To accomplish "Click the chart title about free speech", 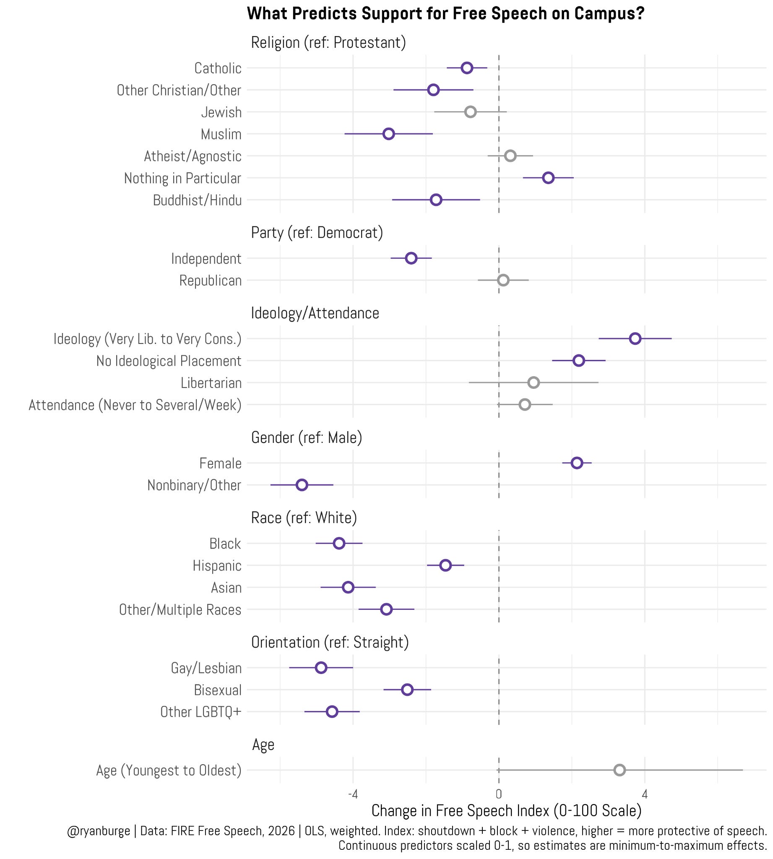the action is coord(445,13).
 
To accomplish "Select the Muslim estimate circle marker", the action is coord(389,134).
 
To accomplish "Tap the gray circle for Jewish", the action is coord(470,112).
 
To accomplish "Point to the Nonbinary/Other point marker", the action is coord(302,485).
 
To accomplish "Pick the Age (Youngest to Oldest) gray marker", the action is coord(619,770).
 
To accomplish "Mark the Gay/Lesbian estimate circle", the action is coord(321,667).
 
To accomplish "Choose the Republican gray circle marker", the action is coord(503,280).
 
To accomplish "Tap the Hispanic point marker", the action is coord(445,565).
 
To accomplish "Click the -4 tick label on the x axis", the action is coord(352,794).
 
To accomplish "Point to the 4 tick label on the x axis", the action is coord(645,794).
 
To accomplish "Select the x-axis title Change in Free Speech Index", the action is coord(506,811).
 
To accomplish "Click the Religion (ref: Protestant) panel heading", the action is coord(328,42).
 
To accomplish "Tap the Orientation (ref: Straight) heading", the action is coord(330,642).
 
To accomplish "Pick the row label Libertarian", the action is coord(211,383).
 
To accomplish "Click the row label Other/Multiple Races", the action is coord(180,609).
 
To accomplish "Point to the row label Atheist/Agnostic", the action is coord(193,156).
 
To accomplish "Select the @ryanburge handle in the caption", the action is coord(99,830).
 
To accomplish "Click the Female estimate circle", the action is coord(577,463).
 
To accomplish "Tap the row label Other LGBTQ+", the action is coord(201,712).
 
